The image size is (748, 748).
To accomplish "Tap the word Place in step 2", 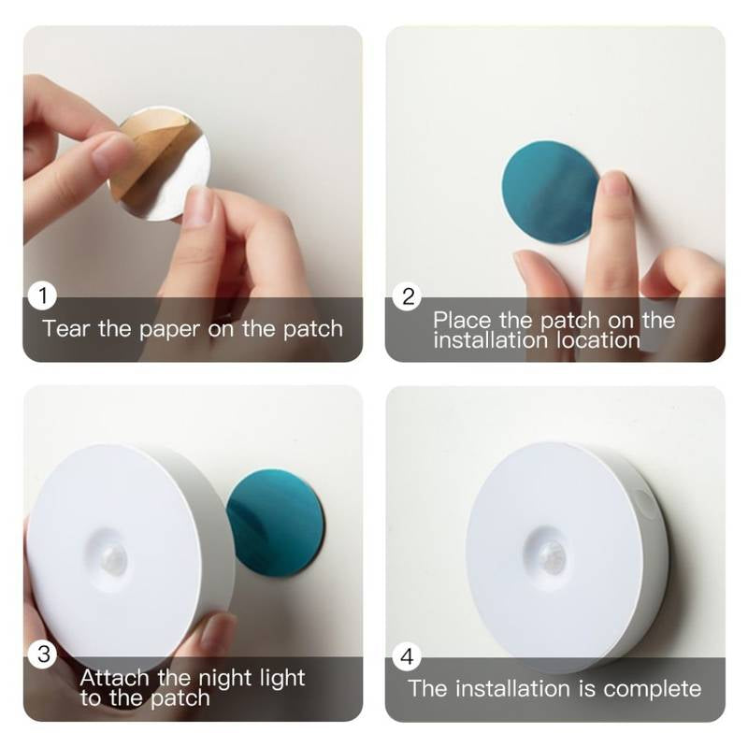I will pos(463,320).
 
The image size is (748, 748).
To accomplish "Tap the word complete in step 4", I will pos(653,689).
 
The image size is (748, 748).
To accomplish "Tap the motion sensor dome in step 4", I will pos(552,554).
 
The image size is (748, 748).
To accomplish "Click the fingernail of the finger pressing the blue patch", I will pos(615,184).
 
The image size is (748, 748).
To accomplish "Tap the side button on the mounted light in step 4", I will pos(644,506).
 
